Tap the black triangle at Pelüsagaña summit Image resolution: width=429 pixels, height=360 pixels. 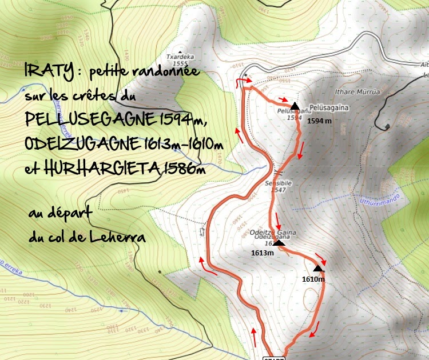294,106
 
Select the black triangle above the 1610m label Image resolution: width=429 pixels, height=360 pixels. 318,268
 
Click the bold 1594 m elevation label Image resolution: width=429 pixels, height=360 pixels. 319,121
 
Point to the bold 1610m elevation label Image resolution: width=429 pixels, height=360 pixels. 313,279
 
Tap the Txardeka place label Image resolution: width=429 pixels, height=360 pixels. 177,57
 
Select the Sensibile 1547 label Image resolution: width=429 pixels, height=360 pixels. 278,186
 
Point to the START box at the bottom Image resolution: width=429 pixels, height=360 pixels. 273,358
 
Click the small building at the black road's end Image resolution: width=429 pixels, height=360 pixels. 388,126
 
